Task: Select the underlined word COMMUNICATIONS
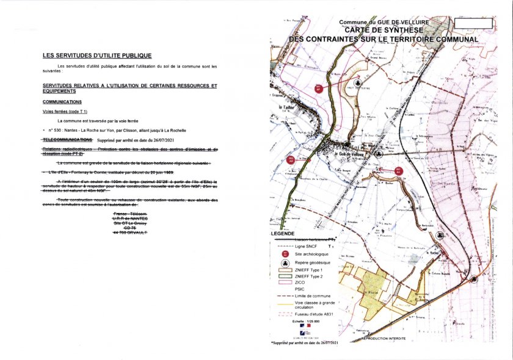coord(62,102)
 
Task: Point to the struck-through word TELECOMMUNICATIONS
coord(67,140)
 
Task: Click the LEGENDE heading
coord(283,234)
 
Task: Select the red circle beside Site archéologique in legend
coord(285,253)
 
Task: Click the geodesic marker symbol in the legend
coord(285,263)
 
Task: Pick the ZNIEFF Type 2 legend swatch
coord(285,276)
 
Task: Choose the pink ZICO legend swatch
coord(285,283)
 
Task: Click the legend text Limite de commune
coord(315,295)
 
